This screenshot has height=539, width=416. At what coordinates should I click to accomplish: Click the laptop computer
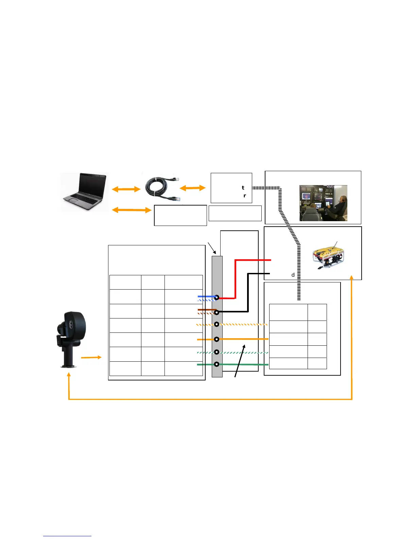[x=85, y=192]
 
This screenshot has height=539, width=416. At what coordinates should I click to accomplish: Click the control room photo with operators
[x=323, y=203]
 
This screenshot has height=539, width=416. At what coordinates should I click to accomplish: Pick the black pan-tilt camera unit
[x=70, y=339]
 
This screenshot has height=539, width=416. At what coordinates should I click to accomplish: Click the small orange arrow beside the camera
[x=91, y=357]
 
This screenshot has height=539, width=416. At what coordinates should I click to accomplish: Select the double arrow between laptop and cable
[x=126, y=189]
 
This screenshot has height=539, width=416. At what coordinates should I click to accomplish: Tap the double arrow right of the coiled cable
[x=192, y=188]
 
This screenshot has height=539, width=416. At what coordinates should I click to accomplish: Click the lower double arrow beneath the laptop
[x=132, y=210]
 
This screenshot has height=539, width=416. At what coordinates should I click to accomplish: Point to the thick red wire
[x=235, y=279]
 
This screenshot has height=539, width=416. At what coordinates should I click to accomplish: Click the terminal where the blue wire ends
[x=216, y=298]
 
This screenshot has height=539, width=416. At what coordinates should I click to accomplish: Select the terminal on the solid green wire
[x=216, y=364]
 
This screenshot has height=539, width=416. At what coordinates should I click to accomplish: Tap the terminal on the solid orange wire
[x=216, y=339]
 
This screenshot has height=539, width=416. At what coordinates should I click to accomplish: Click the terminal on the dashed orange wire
[x=216, y=324]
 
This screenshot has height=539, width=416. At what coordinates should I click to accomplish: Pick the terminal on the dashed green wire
[x=216, y=352]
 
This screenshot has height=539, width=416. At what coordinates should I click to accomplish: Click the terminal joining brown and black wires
[x=216, y=312]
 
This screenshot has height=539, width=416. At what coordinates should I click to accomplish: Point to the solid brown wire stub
[x=206, y=310]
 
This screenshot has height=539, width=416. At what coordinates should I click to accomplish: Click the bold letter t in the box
[x=243, y=187]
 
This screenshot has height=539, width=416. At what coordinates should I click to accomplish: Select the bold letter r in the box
[x=244, y=196]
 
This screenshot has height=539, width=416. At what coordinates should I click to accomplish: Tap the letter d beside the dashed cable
[x=293, y=275]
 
